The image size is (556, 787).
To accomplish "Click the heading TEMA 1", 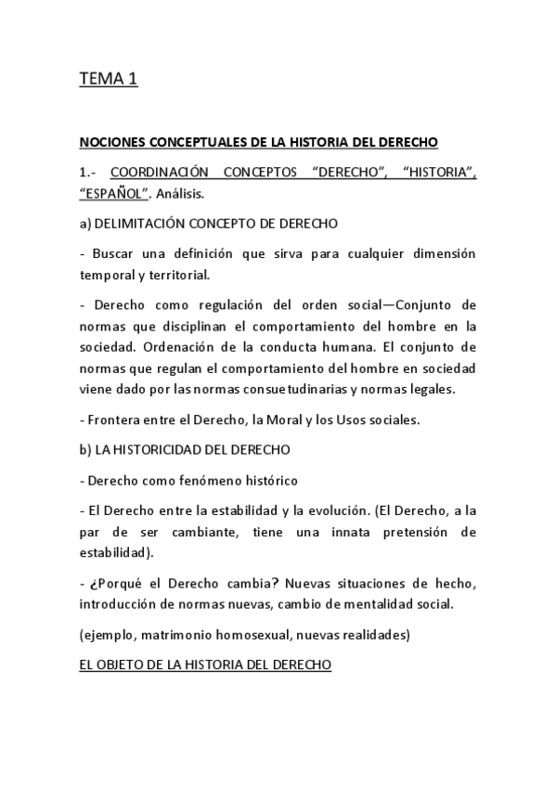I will tap(109, 80).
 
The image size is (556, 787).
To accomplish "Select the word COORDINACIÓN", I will tap(162, 173).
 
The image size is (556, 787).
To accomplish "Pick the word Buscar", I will tap(117, 253).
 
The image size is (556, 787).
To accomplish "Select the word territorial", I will tap(178, 275).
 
